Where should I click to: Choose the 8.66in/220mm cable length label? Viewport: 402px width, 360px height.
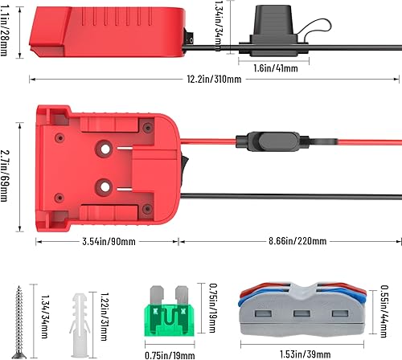288,241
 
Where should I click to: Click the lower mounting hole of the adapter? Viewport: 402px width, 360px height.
104,187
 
